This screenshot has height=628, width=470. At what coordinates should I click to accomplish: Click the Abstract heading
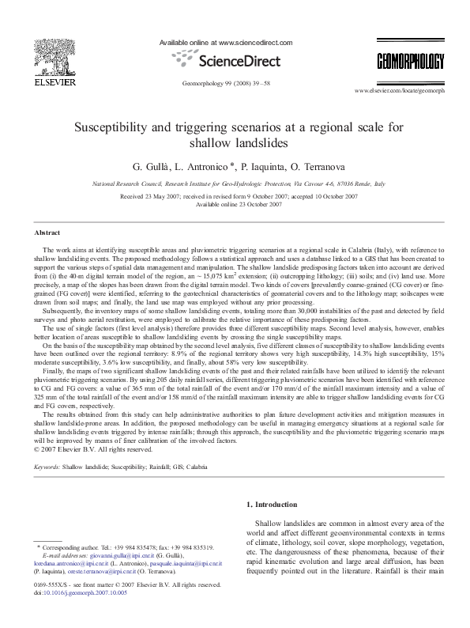tap(47, 233)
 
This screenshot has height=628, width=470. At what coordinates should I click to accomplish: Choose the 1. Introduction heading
tap(273, 504)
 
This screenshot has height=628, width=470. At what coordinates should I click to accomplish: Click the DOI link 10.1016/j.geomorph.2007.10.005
tap(77, 592)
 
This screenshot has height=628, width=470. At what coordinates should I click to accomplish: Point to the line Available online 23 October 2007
tap(235, 203)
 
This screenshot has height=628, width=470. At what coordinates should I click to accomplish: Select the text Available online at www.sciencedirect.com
tap(226, 43)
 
